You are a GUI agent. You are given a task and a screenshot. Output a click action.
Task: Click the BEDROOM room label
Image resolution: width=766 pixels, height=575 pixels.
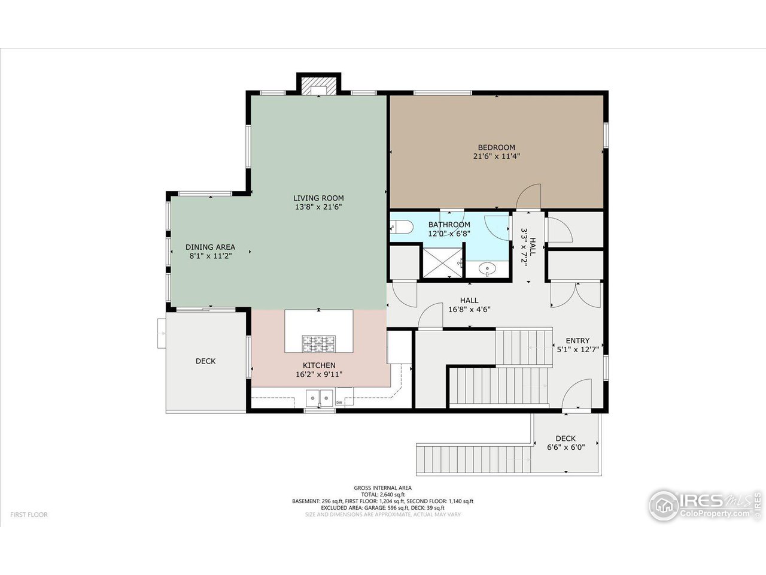496,147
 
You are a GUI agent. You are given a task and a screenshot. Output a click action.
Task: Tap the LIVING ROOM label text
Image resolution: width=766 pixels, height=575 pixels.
318,198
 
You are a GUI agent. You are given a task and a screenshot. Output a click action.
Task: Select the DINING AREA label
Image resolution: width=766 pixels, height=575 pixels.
210,247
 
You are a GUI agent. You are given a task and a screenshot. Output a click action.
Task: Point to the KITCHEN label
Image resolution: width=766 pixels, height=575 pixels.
319,365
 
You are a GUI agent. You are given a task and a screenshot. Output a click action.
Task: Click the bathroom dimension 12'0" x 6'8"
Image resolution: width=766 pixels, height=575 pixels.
449,234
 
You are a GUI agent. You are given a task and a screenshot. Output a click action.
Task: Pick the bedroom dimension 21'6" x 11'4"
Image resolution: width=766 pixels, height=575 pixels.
496,156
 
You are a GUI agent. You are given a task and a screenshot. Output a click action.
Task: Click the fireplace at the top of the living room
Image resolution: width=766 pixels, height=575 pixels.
318,85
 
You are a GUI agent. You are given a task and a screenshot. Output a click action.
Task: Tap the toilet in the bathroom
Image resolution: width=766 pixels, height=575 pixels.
401,226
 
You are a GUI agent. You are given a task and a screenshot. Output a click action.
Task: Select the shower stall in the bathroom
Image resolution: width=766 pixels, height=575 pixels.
443,262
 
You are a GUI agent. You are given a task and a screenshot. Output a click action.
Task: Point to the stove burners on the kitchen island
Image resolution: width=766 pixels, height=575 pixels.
318,344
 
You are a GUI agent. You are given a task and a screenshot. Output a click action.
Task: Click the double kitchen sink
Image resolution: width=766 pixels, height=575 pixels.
319,397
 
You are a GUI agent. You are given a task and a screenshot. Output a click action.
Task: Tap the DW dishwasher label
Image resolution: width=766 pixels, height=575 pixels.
339,402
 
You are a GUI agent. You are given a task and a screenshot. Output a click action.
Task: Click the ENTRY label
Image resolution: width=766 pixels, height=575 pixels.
577,341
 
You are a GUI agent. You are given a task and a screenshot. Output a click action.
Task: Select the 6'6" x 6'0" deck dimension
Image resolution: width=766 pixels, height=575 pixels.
566,447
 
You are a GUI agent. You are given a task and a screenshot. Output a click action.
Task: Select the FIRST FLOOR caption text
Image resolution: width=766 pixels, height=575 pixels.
29,515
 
